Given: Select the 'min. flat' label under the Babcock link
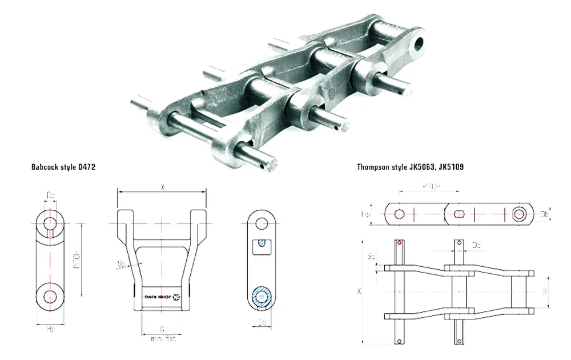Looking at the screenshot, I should coord(163,339).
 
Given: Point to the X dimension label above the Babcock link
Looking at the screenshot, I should coord(162,187).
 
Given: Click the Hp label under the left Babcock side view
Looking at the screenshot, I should coord(50,330).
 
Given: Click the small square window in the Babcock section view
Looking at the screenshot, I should coord(262,246).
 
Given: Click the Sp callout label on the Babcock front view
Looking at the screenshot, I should coord(120,265).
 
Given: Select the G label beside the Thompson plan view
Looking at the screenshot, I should coord(545,291).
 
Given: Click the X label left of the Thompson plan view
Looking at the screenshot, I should coord(359,291).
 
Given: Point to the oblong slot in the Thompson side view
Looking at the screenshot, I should coord(460,214).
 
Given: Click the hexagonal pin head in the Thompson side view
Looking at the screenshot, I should coord(518,214).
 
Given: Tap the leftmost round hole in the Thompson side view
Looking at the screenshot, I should coord(399,214).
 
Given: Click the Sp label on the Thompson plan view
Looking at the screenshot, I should coord(372,255).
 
